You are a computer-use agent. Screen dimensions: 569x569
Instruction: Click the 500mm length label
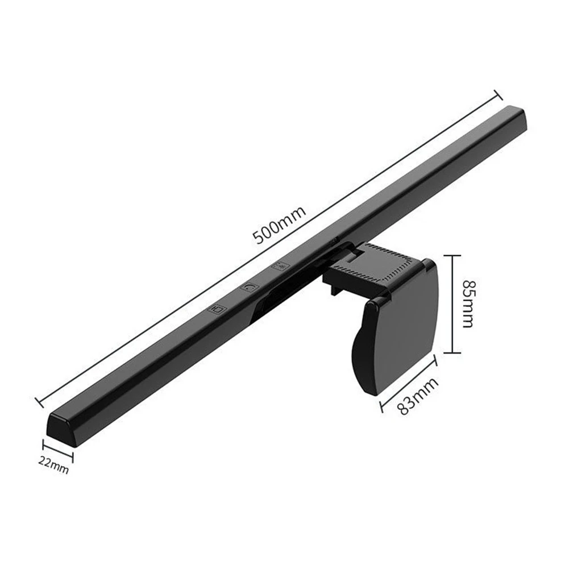[280, 225]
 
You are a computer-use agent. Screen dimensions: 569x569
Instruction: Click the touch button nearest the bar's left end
[217, 309]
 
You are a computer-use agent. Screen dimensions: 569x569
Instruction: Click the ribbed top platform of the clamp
[377, 265]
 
